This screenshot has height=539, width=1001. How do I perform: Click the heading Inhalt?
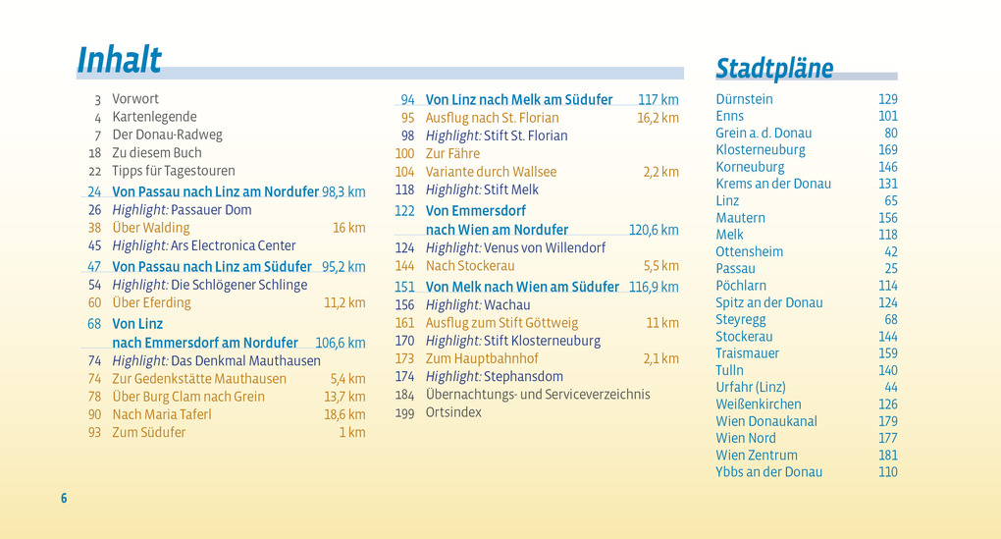[119, 60]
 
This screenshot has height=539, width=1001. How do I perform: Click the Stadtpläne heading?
[773, 68]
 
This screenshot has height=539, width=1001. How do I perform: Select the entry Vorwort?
[135, 99]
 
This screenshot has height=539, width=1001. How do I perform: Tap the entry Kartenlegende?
[154, 117]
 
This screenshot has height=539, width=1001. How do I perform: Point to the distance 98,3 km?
[343, 192]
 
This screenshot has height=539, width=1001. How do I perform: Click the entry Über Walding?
[151, 228]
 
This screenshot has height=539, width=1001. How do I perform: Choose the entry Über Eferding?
[151, 303]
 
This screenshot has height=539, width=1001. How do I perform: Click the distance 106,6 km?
[340, 343]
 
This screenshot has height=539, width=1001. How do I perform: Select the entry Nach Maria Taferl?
[161, 414]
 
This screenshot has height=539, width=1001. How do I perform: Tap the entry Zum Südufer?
[148, 432]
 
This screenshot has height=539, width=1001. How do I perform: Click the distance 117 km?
[658, 100]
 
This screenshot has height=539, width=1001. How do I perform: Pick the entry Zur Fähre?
[452, 154]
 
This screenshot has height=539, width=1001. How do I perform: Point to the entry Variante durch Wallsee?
[491, 172]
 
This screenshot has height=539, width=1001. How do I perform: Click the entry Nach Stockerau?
[470, 266]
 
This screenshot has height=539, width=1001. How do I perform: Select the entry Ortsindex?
[453, 412]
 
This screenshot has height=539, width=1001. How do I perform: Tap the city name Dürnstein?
[744, 99]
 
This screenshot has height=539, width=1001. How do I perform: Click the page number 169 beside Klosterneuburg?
[887, 150]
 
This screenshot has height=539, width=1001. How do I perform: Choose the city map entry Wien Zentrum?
[756, 456]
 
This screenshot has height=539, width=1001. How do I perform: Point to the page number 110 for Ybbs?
[887, 472]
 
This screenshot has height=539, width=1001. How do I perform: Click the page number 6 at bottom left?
[64, 499]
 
